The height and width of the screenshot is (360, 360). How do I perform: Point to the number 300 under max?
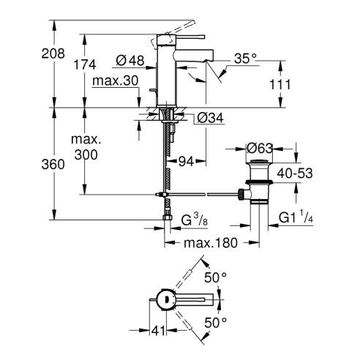click(86, 154)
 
